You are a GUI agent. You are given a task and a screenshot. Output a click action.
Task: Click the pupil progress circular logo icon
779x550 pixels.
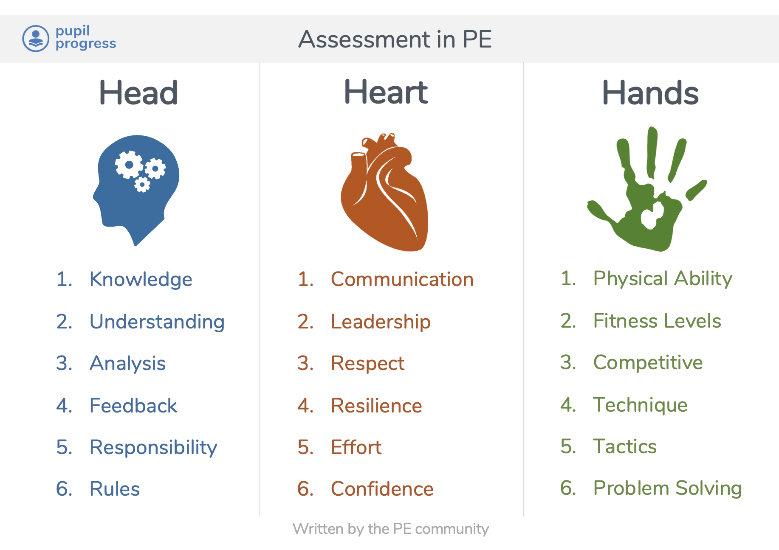point(36,39)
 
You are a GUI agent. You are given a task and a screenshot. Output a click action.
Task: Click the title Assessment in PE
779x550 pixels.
point(395,39)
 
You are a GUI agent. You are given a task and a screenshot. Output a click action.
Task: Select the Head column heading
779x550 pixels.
point(138,93)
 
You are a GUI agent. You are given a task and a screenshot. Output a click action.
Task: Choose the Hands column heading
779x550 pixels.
point(650,93)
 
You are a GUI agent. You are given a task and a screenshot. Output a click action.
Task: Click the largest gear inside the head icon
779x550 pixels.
point(129,165)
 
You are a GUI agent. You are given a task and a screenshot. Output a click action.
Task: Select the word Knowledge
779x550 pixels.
point(141,279)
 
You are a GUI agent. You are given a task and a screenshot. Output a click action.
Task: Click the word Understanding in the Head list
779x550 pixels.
point(157,322)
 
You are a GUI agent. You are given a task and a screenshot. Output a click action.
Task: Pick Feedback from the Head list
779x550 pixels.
point(133,406)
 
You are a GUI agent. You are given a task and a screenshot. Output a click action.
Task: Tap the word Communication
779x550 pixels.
point(402,279)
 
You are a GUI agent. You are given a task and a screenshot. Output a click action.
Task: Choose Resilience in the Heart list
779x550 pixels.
point(376,406)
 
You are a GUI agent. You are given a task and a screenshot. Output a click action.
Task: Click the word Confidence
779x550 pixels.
point(382,489)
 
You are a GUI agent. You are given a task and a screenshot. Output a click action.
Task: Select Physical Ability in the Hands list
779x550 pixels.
point(663,278)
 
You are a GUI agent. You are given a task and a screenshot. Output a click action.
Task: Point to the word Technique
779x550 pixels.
point(640,405)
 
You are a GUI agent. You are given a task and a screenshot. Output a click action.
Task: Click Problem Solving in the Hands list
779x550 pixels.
point(667,488)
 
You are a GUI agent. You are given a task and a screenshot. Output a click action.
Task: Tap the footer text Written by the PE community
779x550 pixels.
point(391,529)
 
